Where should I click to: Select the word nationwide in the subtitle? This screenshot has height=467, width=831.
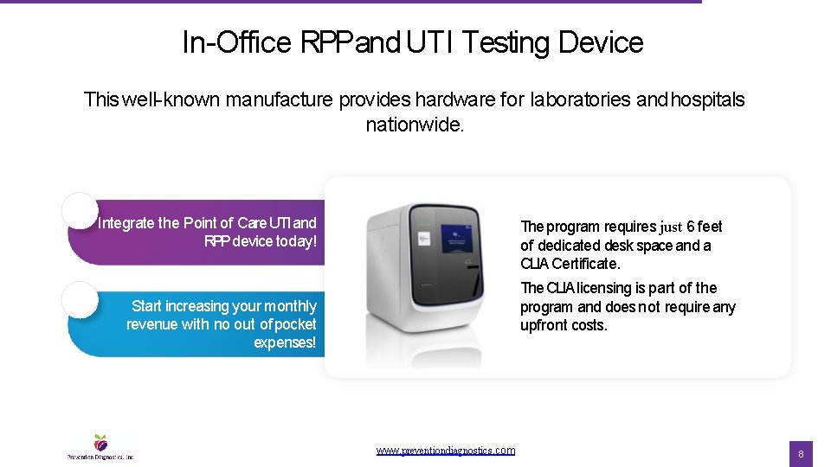(415, 125)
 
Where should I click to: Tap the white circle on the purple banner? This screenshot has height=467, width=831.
(80, 210)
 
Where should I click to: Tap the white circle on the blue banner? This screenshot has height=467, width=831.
(80, 299)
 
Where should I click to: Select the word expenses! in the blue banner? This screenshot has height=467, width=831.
(285, 342)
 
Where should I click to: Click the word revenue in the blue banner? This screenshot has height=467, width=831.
(151, 324)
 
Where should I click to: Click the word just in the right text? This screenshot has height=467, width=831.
(671, 227)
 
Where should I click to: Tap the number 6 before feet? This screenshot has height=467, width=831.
(691, 227)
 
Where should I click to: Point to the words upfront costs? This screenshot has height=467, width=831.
(564, 325)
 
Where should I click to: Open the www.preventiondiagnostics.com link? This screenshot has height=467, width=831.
(446, 451)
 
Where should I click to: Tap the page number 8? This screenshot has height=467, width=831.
(801, 454)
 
